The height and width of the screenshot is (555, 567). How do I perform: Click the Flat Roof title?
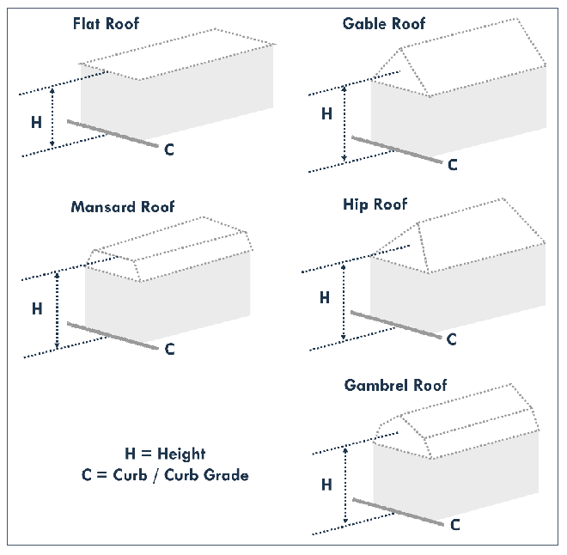coord(106,23)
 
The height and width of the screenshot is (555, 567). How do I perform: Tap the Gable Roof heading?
coord(384,23)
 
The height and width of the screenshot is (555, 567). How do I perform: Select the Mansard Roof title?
coord(123,207)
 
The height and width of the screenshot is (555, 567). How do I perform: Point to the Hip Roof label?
coord(375,204)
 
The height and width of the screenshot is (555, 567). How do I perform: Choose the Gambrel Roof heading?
coord(395,386)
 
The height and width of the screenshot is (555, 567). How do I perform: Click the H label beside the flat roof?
coord(36,122)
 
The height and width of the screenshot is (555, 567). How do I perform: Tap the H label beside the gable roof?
coord(326,113)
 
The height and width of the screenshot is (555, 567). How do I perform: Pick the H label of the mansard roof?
coord(37,308)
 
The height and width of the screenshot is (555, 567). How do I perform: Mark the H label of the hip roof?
coord(325,297)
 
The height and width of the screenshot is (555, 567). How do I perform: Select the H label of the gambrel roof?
coord(326,485)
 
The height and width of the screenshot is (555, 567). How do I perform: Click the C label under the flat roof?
coord(169,149)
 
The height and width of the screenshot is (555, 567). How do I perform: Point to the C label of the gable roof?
coord(453,165)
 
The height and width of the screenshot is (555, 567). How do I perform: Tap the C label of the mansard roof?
coord(169,350)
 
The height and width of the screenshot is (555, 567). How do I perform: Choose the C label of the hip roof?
coord(451,339)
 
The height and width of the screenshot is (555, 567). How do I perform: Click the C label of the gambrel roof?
coord(455,525)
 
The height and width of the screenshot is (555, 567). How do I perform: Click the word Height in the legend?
coord(181,454)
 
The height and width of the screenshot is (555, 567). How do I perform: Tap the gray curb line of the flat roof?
coord(113,134)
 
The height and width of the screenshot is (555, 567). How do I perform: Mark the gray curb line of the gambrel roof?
coord(398,512)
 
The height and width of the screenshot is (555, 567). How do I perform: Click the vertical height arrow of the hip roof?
coord(343,302)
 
